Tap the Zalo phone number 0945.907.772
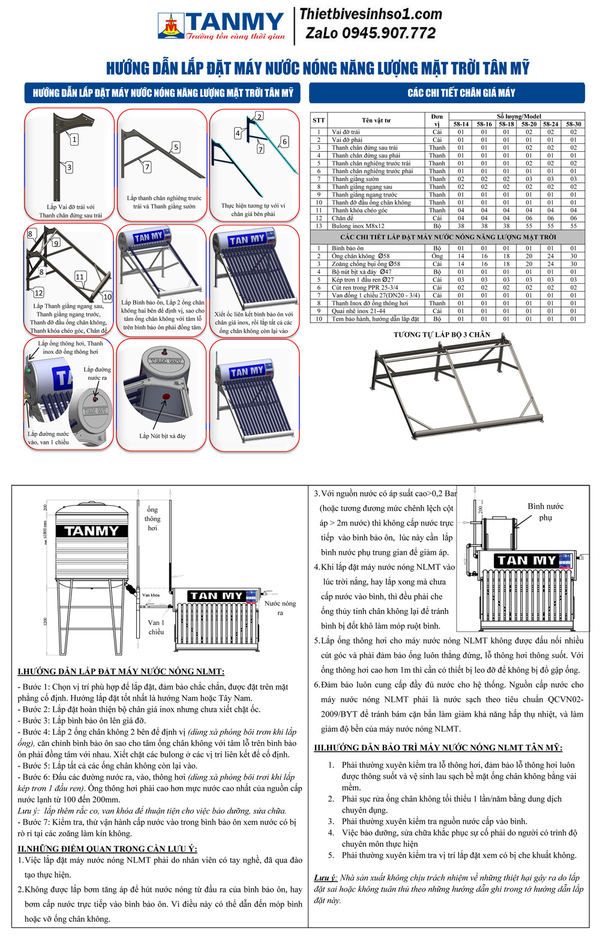click(370, 34)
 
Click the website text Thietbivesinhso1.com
click(370, 14)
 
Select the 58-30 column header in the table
click(573, 124)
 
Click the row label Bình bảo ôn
click(347, 248)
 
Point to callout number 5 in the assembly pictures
click(175, 147)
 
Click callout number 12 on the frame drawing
click(38, 293)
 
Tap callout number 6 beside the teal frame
click(284, 142)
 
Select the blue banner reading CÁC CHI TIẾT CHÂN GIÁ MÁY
click(446, 93)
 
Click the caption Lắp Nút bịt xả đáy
click(162, 436)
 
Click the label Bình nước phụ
click(545, 512)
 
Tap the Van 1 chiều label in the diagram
click(156, 627)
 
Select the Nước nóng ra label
click(280, 608)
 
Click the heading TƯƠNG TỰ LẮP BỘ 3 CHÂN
click(442, 335)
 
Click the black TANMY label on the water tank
click(92, 531)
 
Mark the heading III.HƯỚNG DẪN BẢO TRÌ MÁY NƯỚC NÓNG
click(439, 747)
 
